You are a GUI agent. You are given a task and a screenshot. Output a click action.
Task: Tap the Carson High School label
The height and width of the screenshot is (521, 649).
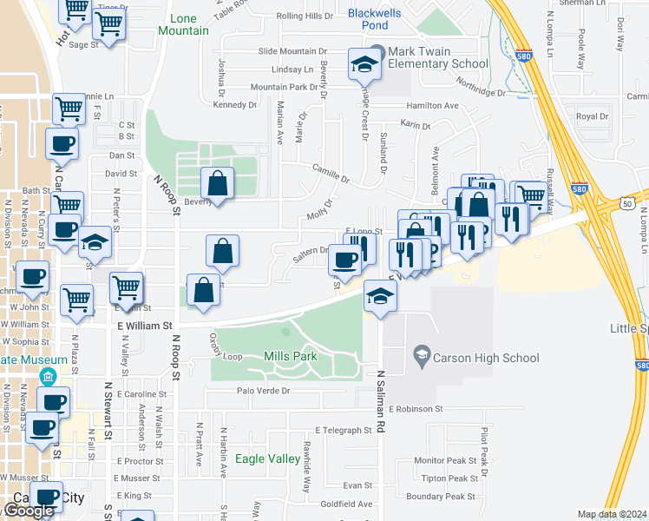[488, 358]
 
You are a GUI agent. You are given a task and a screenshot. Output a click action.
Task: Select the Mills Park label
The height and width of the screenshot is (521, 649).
[290, 356]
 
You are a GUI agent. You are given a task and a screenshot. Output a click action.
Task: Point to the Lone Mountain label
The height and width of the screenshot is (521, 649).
[184, 24]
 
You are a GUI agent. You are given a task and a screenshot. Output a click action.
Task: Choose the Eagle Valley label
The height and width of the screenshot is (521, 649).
[261, 459]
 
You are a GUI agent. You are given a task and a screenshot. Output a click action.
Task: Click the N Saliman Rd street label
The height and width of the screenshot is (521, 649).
[380, 402]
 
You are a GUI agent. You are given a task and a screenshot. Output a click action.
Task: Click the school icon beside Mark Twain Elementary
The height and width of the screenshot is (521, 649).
[364, 63]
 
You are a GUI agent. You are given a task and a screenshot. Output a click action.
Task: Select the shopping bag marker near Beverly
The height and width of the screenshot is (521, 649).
[217, 184]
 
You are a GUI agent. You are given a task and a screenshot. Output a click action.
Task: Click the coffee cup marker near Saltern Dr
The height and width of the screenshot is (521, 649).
[345, 260]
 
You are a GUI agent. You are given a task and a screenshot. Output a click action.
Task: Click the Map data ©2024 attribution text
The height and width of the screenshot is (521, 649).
[611, 514]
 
